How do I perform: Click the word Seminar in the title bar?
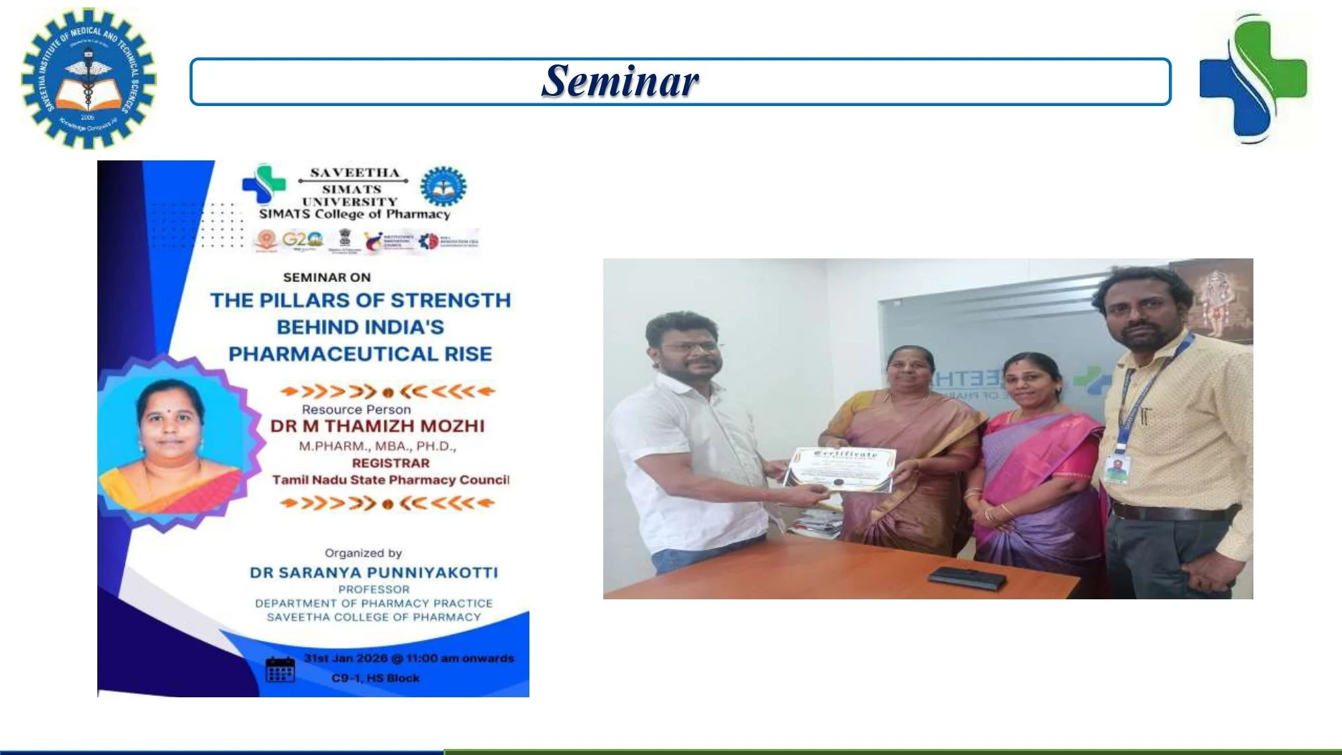click(620, 81)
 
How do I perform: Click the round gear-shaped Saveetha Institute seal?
click(88, 78)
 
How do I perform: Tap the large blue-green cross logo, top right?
click(1253, 79)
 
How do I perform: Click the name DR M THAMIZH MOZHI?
click(377, 426)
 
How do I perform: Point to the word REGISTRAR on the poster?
click(391, 463)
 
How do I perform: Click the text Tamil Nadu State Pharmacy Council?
click(391, 480)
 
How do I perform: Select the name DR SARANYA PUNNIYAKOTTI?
click(374, 572)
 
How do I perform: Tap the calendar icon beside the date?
click(280, 668)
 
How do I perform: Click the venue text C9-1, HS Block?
click(375, 678)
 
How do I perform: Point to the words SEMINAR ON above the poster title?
click(327, 277)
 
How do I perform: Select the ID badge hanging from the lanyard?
click(1115, 468)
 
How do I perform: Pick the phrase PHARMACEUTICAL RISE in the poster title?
click(360, 354)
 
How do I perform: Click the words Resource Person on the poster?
click(356, 409)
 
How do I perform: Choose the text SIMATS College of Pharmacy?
click(354, 214)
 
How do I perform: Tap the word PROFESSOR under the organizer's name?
click(374, 589)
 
